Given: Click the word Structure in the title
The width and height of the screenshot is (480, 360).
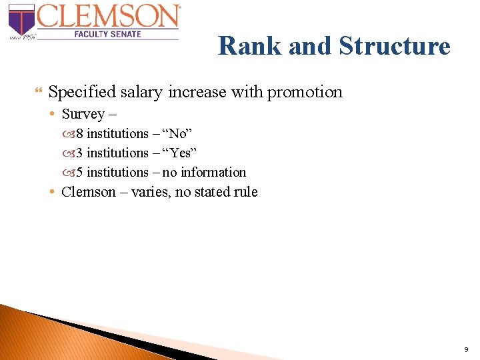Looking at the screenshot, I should pyautogui.click(x=395, y=46).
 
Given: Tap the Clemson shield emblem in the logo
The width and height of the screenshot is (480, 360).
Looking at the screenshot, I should pyautogui.click(x=21, y=19).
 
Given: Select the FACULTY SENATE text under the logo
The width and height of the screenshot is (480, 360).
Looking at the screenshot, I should pyautogui.click(x=107, y=33).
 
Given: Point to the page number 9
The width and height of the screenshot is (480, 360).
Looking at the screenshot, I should pyautogui.click(x=465, y=349).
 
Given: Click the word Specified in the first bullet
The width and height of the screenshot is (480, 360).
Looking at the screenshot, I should pyautogui.click(x=79, y=92).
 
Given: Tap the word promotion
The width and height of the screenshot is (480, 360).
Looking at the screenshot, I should pyautogui.click(x=305, y=92).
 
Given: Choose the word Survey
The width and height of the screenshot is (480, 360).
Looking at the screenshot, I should pyautogui.click(x=83, y=114).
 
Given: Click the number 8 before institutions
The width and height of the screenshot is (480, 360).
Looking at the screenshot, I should pyautogui.click(x=79, y=134).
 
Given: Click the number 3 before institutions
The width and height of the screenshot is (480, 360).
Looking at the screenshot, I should pyautogui.click(x=79, y=153).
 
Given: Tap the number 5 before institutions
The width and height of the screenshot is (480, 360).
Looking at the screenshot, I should pyautogui.click(x=79, y=172).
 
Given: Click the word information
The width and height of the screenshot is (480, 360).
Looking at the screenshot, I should pyautogui.click(x=213, y=172).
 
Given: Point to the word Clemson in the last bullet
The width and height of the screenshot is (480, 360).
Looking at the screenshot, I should pyautogui.click(x=88, y=192).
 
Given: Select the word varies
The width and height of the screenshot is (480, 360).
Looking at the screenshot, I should pyautogui.click(x=150, y=192).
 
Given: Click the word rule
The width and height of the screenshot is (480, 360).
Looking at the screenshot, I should pyautogui.click(x=244, y=192).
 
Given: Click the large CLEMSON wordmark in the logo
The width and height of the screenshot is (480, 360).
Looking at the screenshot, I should pyautogui.click(x=109, y=15).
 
